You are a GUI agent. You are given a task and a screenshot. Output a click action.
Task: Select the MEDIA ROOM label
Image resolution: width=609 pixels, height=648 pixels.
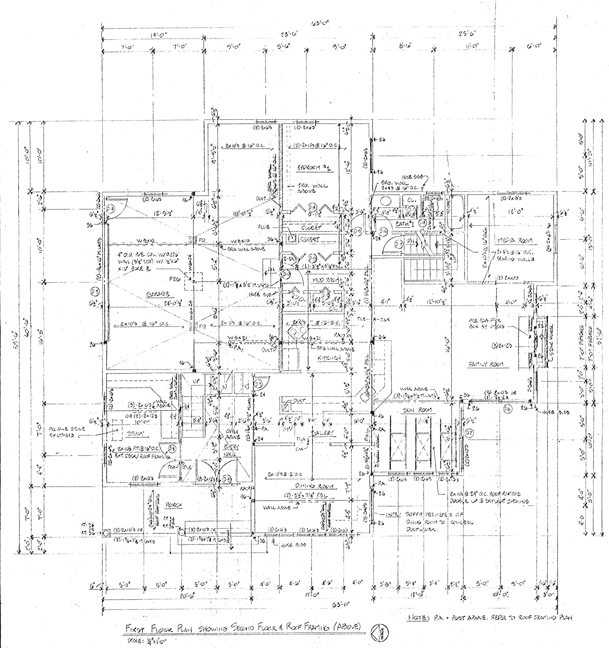pyautogui.click(x=515, y=240)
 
